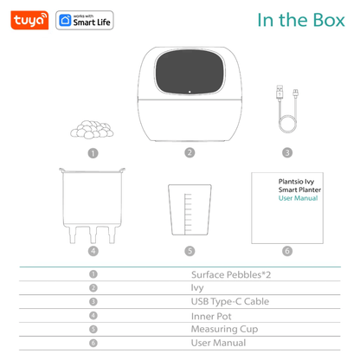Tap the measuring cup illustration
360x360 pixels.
click(x=189, y=208)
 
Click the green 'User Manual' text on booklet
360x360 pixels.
click(x=298, y=198)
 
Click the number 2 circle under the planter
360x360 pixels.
click(x=189, y=153)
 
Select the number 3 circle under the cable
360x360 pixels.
click(x=286, y=153)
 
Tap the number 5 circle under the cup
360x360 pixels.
click(x=189, y=252)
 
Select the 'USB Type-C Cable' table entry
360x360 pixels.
click(x=224, y=301)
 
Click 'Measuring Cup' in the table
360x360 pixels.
click(x=219, y=329)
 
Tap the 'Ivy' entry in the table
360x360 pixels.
click(x=196, y=287)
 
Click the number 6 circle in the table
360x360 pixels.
click(x=92, y=344)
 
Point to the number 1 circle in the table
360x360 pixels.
click(x=92, y=273)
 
